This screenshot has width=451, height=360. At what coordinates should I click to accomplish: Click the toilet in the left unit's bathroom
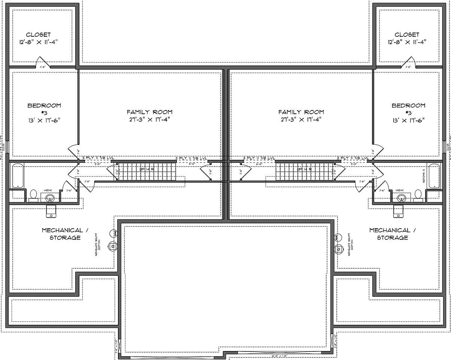33,194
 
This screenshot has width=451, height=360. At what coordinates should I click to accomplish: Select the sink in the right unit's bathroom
400,198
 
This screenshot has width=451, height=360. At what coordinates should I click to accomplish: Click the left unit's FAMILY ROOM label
149,112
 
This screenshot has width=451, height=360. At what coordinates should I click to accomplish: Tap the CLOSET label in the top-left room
39,34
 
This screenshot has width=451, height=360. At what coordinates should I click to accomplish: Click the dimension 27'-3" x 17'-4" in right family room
301,120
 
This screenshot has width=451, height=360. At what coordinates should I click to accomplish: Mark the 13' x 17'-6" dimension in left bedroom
44,120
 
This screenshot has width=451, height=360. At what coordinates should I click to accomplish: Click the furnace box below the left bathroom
51,211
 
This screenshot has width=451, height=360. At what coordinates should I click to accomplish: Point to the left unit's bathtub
18,176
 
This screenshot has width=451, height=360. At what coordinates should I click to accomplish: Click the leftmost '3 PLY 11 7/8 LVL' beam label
98,158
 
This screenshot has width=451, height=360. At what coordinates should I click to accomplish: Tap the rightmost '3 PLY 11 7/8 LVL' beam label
353,158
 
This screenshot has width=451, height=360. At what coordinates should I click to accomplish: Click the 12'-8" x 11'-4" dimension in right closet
407,42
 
